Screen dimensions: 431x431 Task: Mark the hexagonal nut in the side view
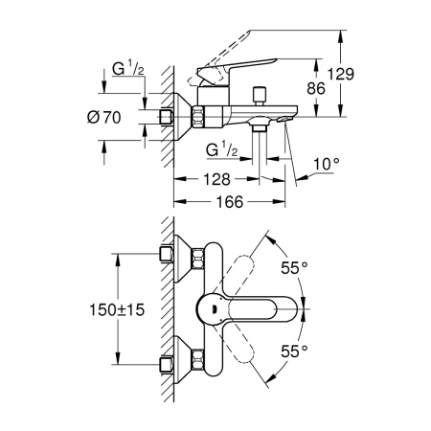tap(201, 117)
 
